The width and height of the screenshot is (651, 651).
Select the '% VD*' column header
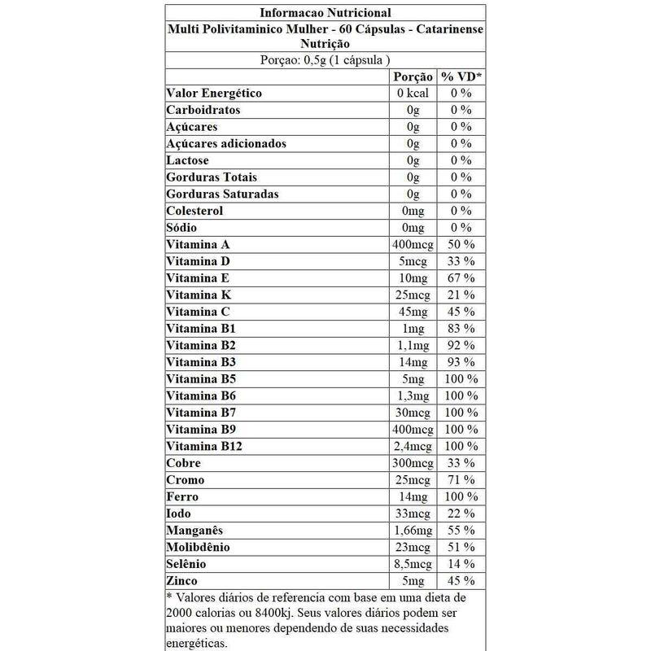pos(461,76)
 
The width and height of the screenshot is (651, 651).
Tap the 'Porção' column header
pos(413,76)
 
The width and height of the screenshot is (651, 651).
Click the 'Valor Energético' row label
pos(213,94)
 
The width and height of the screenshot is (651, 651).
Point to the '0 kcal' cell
pos(413,94)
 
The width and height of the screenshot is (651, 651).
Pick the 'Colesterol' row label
pos(194,211)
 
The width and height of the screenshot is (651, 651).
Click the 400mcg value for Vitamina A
pos(413,245)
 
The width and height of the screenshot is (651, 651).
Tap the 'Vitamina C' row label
pos(198,312)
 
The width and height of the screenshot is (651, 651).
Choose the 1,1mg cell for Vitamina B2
pos(413,346)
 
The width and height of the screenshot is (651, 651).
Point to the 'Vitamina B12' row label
pos(203,447)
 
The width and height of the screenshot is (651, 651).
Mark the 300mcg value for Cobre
pos(413,463)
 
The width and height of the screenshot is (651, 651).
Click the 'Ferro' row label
pos(182,496)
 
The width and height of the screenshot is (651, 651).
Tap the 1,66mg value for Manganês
pos(413,531)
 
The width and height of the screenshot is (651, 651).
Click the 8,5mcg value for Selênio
pos(413,564)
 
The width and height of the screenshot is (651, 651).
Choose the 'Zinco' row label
pos(183,581)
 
